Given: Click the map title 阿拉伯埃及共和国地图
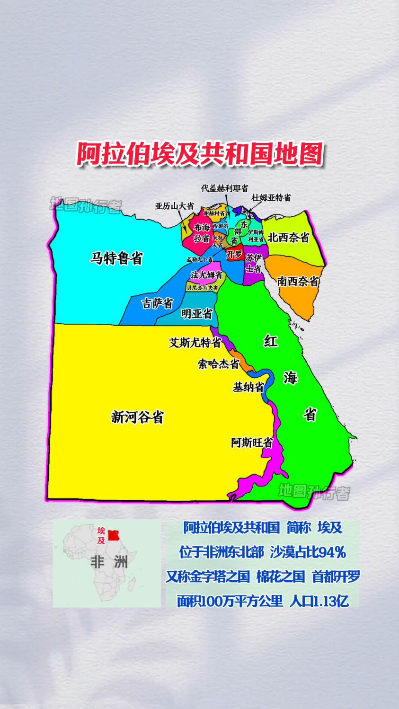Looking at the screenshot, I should coord(200,154).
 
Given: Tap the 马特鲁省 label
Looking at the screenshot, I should coord(116,258).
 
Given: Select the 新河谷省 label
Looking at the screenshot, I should coord(137,417).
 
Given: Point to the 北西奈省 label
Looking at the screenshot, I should coord(288,238).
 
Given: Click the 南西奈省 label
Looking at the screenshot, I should coord(298,281).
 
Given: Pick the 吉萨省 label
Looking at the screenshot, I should coord(157,303).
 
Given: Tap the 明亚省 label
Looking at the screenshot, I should coord(197,314).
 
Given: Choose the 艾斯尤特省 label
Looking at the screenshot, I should coord(195,342).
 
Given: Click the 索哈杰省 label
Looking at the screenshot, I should coord(218,364).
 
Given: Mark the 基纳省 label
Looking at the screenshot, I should coord(248,387).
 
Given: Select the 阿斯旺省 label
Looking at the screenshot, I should coord(252,443).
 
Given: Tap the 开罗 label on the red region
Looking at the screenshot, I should coord(234,255).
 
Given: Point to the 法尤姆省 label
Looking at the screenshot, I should coord(206,275).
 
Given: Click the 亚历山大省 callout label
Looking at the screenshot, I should coord(174,206).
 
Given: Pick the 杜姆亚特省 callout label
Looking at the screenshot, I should coord(271,198).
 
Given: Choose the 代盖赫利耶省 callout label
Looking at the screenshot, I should coord(224,188).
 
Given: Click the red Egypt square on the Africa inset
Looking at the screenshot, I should coord(114,535).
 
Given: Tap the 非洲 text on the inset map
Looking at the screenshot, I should coord(109,562).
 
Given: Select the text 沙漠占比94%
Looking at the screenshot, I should coord(308,552).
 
